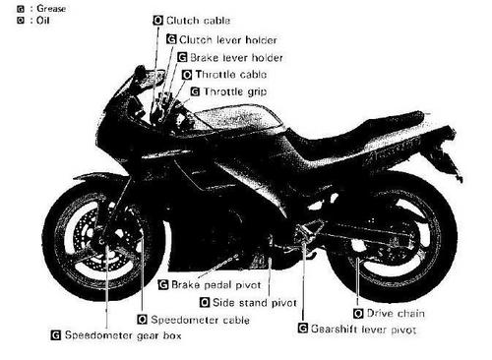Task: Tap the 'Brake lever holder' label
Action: click(228, 57)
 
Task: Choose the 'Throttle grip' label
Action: click(232, 90)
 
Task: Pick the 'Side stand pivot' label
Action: click(249, 302)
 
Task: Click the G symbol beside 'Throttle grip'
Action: click(194, 90)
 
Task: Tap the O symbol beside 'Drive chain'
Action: click(358, 312)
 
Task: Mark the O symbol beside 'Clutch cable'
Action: click(159, 20)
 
